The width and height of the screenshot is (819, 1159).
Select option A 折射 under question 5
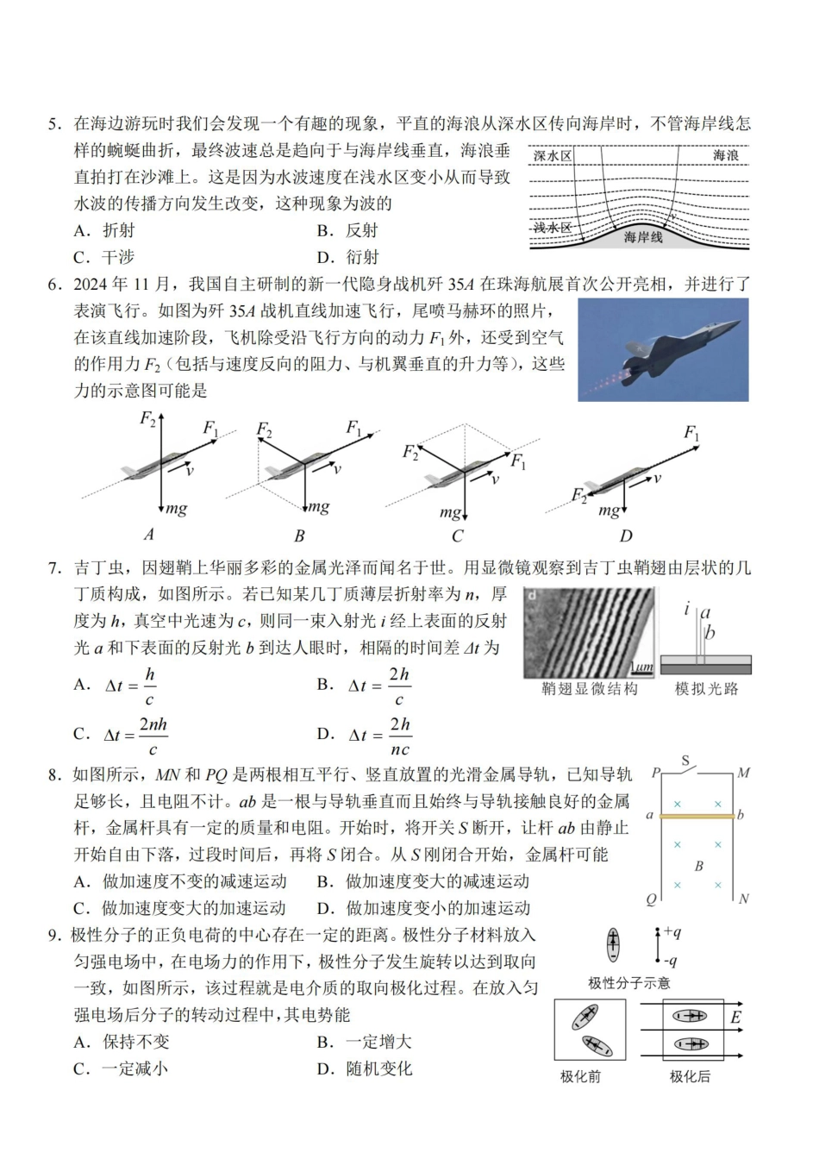point(104,230)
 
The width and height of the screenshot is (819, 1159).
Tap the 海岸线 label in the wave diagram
point(643,236)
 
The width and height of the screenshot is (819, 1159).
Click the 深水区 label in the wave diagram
point(553,156)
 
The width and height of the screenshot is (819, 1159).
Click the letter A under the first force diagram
point(148,535)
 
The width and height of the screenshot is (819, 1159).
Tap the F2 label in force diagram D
point(578,495)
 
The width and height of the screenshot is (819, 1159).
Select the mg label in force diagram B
point(319,507)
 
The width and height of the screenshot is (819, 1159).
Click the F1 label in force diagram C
point(518,462)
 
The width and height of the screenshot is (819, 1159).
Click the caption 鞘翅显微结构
point(590,689)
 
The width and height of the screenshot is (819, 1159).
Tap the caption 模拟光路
point(706,689)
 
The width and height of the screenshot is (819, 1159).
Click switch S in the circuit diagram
point(686,761)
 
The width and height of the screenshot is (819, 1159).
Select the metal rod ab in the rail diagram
point(697,815)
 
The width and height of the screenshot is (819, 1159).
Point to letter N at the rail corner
point(744,899)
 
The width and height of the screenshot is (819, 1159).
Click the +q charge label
point(672,932)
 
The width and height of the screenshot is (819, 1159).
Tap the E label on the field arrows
point(735,1018)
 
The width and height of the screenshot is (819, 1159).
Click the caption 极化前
point(580,1077)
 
